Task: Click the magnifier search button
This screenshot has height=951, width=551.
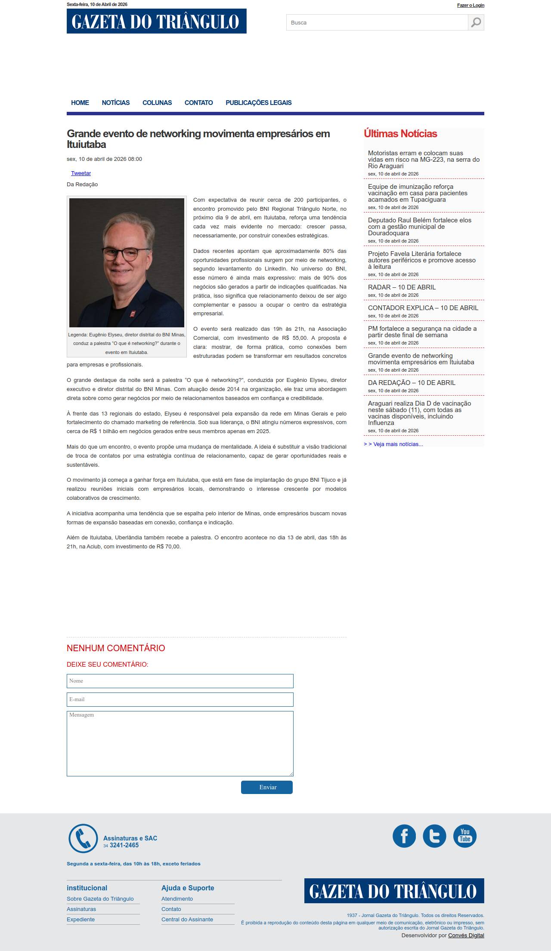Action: click(x=476, y=22)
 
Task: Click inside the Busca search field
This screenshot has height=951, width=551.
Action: click(x=377, y=22)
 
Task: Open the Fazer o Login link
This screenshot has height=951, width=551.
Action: click(x=471, y=5)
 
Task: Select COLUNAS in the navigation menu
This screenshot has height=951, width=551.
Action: click(x=157, y=103)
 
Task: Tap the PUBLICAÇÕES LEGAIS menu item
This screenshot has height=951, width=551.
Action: click(x=258, y=103)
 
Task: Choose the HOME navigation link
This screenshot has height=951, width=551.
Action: click(x=80, y=103)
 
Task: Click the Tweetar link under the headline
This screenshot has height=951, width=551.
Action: click(x=81, y=173)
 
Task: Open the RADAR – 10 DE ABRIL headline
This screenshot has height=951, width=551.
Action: click(x=402, y=287)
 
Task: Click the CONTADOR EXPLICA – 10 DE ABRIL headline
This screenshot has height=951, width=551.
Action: click(x=423, y=308)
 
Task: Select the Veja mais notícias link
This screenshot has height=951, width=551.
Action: click(x=393, y=444)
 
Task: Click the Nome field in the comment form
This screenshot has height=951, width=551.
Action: click(x=180, y=681)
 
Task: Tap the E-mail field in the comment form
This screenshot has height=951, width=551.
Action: click(x=180, y=699)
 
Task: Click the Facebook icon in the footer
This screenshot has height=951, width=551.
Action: click(x=404, y=836)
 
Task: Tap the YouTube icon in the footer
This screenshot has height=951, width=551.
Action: click(x=465, y=836)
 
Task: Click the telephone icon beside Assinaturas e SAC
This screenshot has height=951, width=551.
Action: click(x=83, y=838)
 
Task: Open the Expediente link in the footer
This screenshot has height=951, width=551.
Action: click(x=80, y=920)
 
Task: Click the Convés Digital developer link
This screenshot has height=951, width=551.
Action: click(x=466, y=936)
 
